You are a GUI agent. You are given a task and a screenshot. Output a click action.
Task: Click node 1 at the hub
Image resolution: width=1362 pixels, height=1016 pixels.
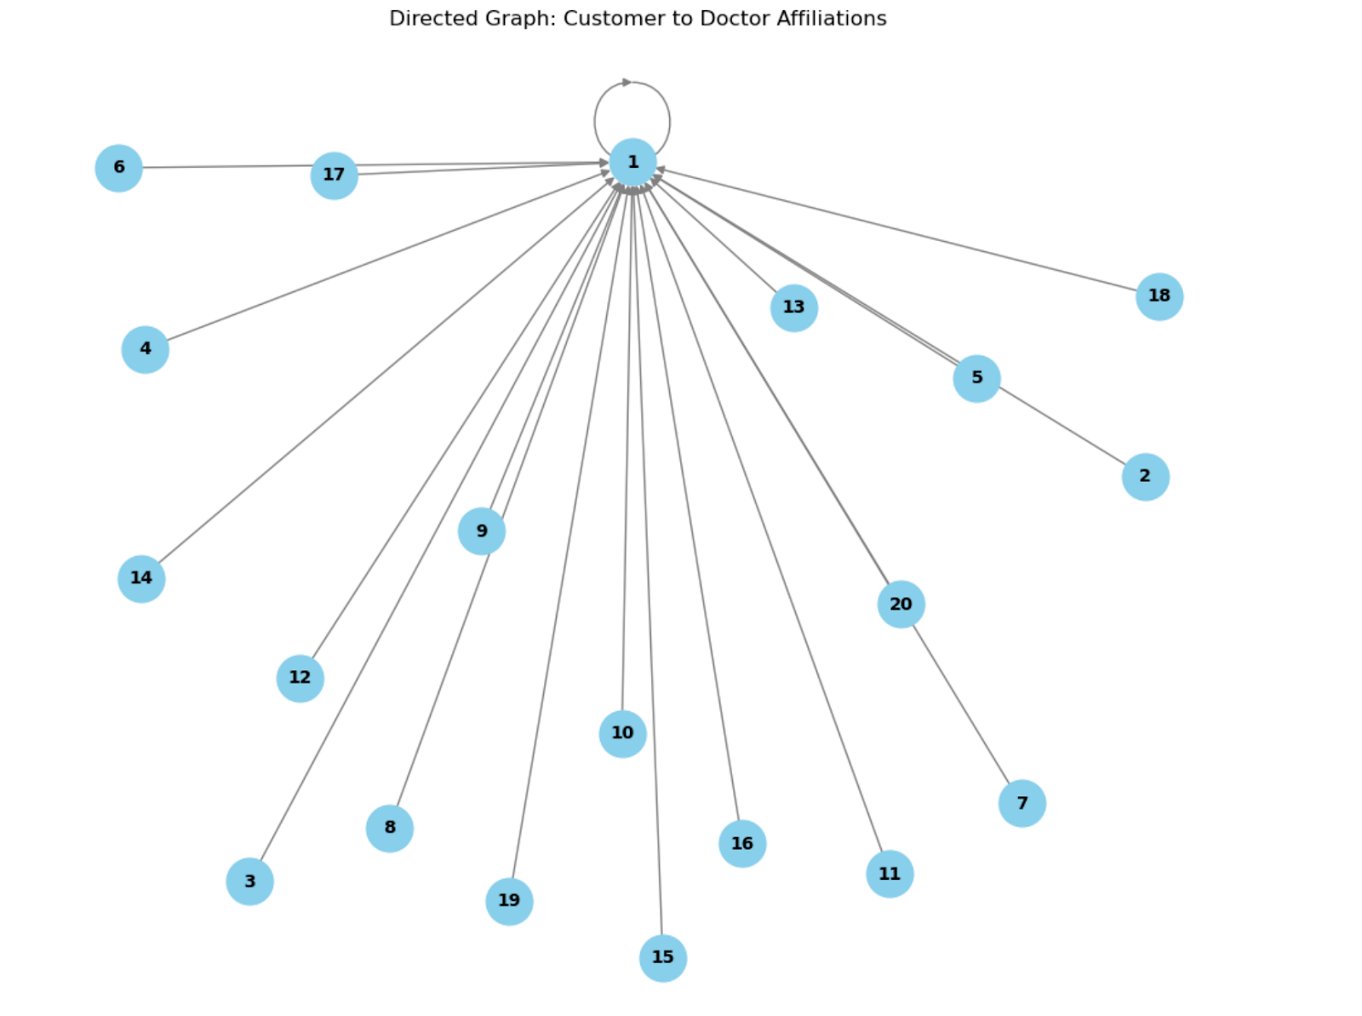pyautogui.click(x=632, y=162)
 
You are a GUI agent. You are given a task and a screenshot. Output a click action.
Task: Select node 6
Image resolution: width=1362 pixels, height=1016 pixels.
pyautogui.click(x=118, y=168)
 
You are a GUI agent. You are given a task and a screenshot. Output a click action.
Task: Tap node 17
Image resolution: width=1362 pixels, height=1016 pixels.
pyautogui.click(x=334, y=175)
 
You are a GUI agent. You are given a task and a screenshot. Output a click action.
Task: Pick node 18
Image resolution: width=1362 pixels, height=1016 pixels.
pyautogui.click(x=1159, y=296)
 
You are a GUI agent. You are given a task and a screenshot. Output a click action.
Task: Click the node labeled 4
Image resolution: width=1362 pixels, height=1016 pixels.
pyautogui.click(x=145, y=349)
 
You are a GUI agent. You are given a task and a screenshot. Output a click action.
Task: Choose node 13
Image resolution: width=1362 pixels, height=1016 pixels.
pyautogui.click(x=793, y=307)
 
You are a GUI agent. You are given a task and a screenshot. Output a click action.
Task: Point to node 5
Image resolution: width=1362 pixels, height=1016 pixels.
pyautogui.click(x=976, y=378)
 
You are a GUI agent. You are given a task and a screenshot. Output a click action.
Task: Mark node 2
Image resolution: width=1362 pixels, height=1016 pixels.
pyautogui.click(x=1145, y=476)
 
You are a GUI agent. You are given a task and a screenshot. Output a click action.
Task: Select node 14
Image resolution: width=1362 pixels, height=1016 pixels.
pyautogui.click(x=141, y=578)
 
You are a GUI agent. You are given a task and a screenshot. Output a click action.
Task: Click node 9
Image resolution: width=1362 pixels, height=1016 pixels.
pyautogui.click(x=482, y=531)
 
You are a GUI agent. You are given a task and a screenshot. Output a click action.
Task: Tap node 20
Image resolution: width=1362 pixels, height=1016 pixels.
pyautogui.click(x=901, y=605)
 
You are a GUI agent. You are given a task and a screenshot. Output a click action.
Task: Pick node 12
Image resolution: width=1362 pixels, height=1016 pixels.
pyautogui.click(x=300, y=678)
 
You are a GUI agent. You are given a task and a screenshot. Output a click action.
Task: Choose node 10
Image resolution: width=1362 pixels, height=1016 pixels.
pyautogui.click(x=622, y=733)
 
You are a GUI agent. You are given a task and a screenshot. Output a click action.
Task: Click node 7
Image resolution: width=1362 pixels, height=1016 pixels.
pyautogui.click(x=1021, y=803)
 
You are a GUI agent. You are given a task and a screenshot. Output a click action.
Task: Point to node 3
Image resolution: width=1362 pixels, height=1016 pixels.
pyautogui.click(x=249, y=881)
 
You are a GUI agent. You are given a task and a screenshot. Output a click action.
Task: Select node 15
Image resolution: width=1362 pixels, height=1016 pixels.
pyautogui.click(x=662, y=957)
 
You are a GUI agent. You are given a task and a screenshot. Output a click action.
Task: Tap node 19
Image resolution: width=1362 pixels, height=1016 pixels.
pyautogui.click(x=509, y=901)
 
